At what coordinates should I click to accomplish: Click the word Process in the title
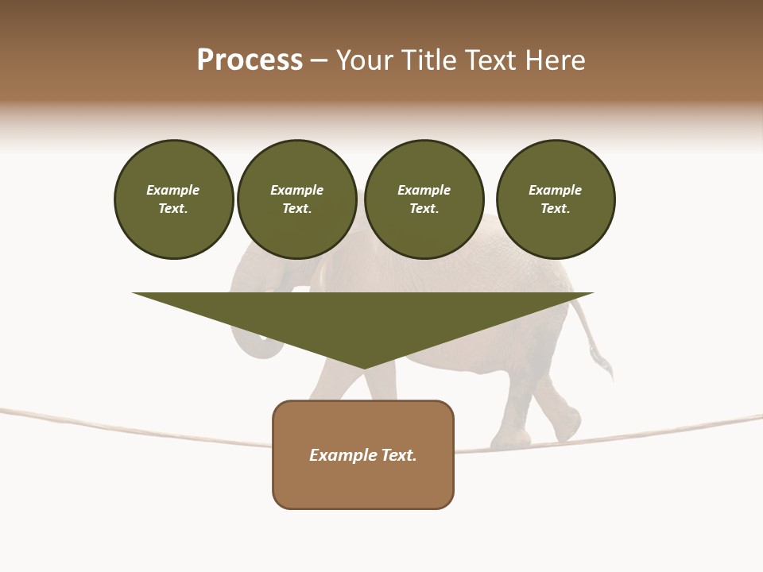[x=250, y=60]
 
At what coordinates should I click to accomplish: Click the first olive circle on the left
[x=173, y=199]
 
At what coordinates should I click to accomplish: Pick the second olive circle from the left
[x=296, y=199]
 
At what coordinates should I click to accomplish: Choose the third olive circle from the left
[x=424, y=199]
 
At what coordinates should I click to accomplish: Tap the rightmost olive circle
[x=555, y=199]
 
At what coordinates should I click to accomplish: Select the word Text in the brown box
[x=398, y=455]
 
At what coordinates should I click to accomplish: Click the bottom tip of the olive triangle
[x=363, y=367]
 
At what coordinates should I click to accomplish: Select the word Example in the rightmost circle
[x=555, y=190]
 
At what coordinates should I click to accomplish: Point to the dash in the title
[x=319, y=60]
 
